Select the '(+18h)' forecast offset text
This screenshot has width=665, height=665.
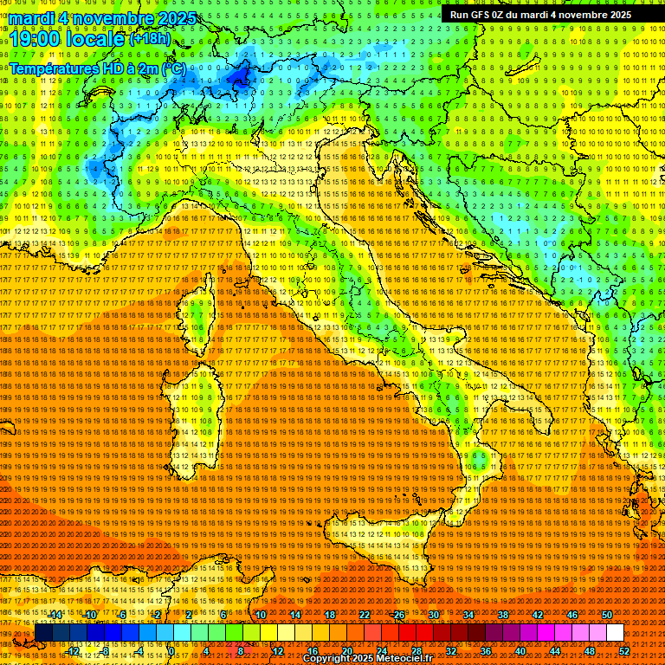(151, 39)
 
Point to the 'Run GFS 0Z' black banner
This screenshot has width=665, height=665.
(540, 15)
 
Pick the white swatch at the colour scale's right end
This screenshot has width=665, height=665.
(615, 633)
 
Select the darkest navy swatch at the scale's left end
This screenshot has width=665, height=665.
(43, 633)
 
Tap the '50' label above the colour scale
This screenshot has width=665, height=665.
(607, 615)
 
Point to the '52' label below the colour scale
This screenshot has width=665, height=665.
(624, 651)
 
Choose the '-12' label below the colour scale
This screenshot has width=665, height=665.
(74, 651)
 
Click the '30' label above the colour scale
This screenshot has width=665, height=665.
(434, 615)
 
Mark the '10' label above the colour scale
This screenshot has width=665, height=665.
(261, 615)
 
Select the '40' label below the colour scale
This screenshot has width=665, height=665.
(520, 651)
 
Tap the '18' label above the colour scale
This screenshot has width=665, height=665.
(330, 615)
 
